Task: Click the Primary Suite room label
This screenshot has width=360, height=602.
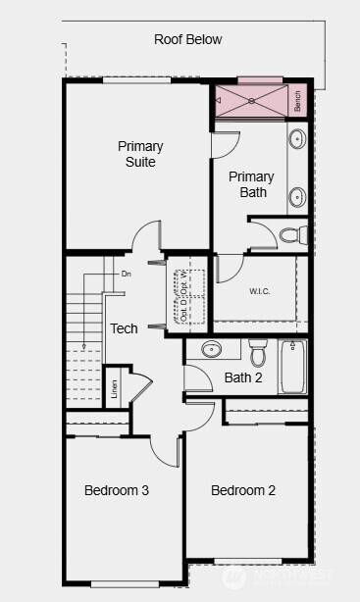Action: click(140, 154)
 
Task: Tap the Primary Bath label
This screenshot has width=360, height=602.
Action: click(251, 184)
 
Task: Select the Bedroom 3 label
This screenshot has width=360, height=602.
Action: click(116, 490)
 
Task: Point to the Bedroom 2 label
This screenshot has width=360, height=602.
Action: click(243, 490)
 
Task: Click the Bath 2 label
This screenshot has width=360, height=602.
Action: click(243, 376)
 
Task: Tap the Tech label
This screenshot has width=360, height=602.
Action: click(124, 328)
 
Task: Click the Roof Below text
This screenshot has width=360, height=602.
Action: click(187, 40)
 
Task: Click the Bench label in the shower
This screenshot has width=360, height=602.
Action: click(297, 100)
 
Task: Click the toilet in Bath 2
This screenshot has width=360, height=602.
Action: click(258, 350)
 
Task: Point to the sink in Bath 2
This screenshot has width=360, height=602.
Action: click(211, 348)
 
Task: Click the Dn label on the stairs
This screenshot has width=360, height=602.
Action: click(126, 274)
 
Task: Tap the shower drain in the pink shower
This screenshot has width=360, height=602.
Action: click(251, 100)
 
